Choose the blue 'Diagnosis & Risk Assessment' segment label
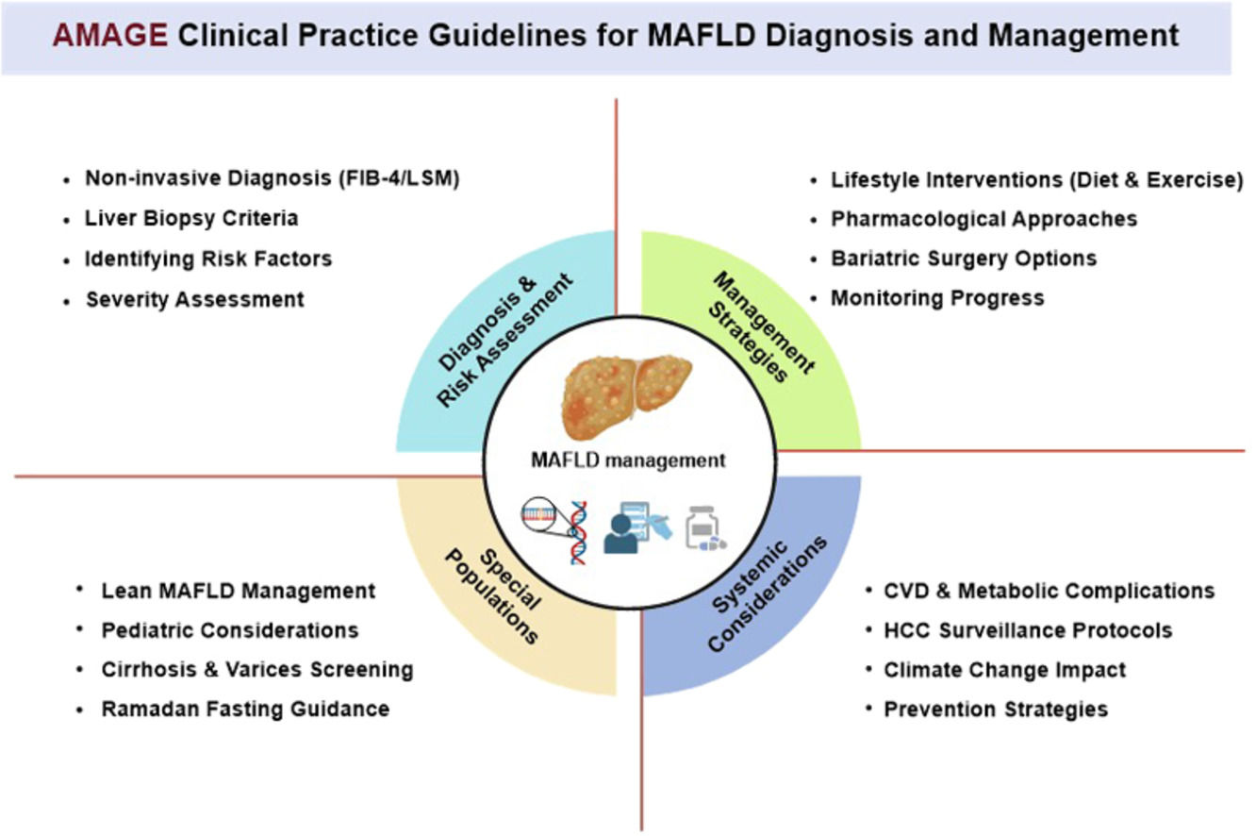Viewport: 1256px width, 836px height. coord(507,341)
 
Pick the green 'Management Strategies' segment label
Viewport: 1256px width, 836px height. coord(754,326)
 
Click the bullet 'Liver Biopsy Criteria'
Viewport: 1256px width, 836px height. coord(191,218)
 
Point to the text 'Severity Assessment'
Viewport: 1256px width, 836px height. coord(195,300)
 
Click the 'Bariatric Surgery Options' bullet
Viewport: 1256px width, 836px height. coord(963,258)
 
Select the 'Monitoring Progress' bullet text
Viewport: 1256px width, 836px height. coord(937,298)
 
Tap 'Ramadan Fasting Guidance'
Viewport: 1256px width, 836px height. coord(245,709)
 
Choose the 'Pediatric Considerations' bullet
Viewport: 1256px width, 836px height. coord(230,630)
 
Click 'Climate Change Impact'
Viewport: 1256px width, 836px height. coord(1004,670)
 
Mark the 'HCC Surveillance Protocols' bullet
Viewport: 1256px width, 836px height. coord(1028,630)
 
